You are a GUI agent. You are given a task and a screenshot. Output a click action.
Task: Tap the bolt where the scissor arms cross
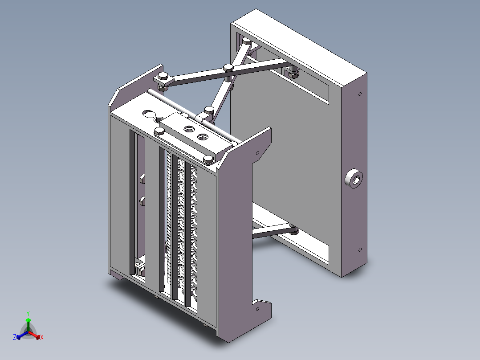click(x=228, y=68)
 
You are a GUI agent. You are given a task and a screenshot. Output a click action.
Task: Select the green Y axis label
click(x=28, y=313)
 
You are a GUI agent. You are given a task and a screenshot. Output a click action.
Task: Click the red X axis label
click(x=41, y=338)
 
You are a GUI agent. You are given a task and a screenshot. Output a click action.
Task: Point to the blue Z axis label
click(x=15, y=338)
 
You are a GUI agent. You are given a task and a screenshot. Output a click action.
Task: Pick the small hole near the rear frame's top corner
click(x=360, y=94)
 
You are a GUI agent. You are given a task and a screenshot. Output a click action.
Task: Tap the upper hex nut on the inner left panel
click(x=142, y=179)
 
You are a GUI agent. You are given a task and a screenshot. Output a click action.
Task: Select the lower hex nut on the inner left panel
click(x=142, y=200)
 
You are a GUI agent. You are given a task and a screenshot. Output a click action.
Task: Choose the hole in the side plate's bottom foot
click(x=257, y=309)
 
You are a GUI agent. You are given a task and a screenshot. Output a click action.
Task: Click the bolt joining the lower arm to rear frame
click(x=293, y=230)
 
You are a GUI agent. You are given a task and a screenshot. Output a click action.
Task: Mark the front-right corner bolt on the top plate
click(x=208, y=159)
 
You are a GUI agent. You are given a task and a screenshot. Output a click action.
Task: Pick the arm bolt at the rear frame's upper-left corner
click(x=246, y=41)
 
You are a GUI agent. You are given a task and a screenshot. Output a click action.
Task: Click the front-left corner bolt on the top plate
click(x=159, y=131)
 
